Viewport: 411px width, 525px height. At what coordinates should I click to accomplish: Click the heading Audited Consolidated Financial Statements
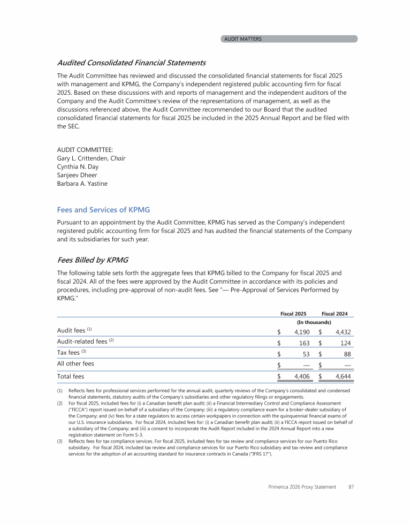(131, 63)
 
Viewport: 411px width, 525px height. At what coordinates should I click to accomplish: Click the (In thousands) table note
(314, 322)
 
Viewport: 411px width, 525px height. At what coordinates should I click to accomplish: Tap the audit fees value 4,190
(301, 332)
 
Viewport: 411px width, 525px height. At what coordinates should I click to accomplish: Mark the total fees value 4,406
(301, 377)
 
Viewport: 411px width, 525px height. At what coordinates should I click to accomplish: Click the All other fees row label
(75, 363)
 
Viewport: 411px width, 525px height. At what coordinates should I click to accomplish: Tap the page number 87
(351, 487)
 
